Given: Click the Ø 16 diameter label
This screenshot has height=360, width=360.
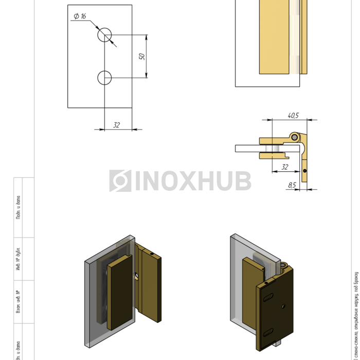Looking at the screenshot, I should (x=80, y=16).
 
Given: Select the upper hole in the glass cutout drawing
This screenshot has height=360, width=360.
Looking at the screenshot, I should (x=104, y=34).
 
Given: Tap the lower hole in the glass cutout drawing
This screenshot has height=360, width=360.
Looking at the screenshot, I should (x=104, y=78).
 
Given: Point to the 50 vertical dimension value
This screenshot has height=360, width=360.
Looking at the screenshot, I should (x=142, y=56).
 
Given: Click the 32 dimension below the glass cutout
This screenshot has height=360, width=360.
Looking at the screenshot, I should (x=116, y=125).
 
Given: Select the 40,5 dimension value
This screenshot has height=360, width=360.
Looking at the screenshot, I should (x=293, y=116).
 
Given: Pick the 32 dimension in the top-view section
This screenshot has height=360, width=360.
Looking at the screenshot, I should (x=284, y=167).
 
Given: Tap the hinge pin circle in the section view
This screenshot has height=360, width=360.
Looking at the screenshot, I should (x=295, y=137).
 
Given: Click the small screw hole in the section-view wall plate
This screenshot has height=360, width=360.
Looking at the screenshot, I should (x=305, y=171).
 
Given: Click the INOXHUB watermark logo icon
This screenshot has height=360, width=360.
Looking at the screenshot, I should (x=120, y=181).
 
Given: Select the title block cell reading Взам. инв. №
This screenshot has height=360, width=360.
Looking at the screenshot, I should (x=18, y=302).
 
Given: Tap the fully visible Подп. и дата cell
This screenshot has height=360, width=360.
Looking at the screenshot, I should (x=18, y=207).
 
